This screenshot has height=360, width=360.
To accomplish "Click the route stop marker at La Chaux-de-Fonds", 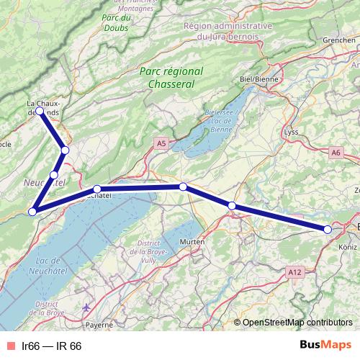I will coord(39,112).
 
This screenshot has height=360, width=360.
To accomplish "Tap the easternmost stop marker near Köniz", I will coord(328,229).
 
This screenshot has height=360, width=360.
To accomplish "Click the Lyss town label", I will coord(291,132).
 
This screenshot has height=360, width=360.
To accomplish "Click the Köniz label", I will coord(347,247).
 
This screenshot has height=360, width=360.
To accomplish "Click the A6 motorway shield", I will coord(336,152).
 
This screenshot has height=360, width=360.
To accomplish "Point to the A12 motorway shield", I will coord(292,273).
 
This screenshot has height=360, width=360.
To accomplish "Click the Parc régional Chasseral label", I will coord(171,78).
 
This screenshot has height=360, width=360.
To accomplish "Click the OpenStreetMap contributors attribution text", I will coord(297,322).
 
